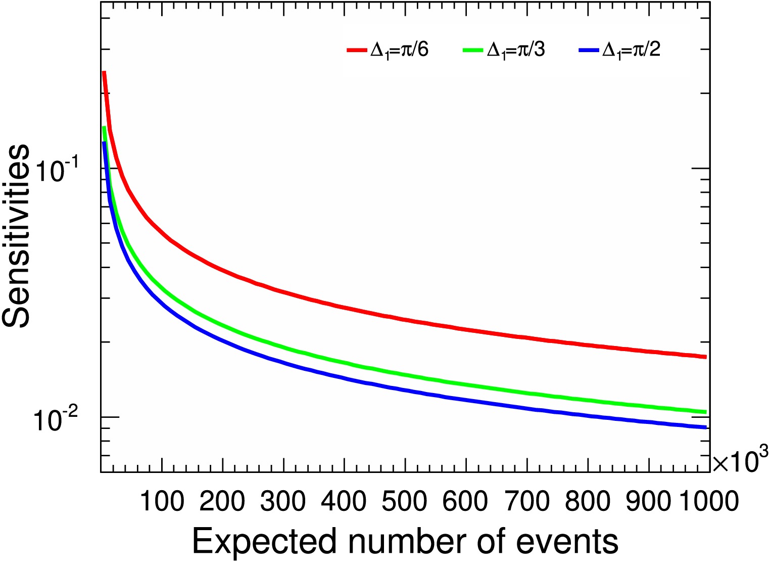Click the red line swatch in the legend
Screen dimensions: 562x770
pos(358,50)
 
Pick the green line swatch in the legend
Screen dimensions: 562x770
pos(474,50)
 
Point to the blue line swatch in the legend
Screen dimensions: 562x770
pos(589,50)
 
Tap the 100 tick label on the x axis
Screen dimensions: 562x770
pos(162,501)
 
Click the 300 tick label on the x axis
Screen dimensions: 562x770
pos(283,501)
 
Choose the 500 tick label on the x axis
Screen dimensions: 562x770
pos(405,501)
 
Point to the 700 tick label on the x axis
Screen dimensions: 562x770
pos(526,501)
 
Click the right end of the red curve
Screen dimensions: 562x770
pos(705,357)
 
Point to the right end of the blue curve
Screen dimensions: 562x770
pos(705,427)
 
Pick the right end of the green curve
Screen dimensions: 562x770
pos(705,412)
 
